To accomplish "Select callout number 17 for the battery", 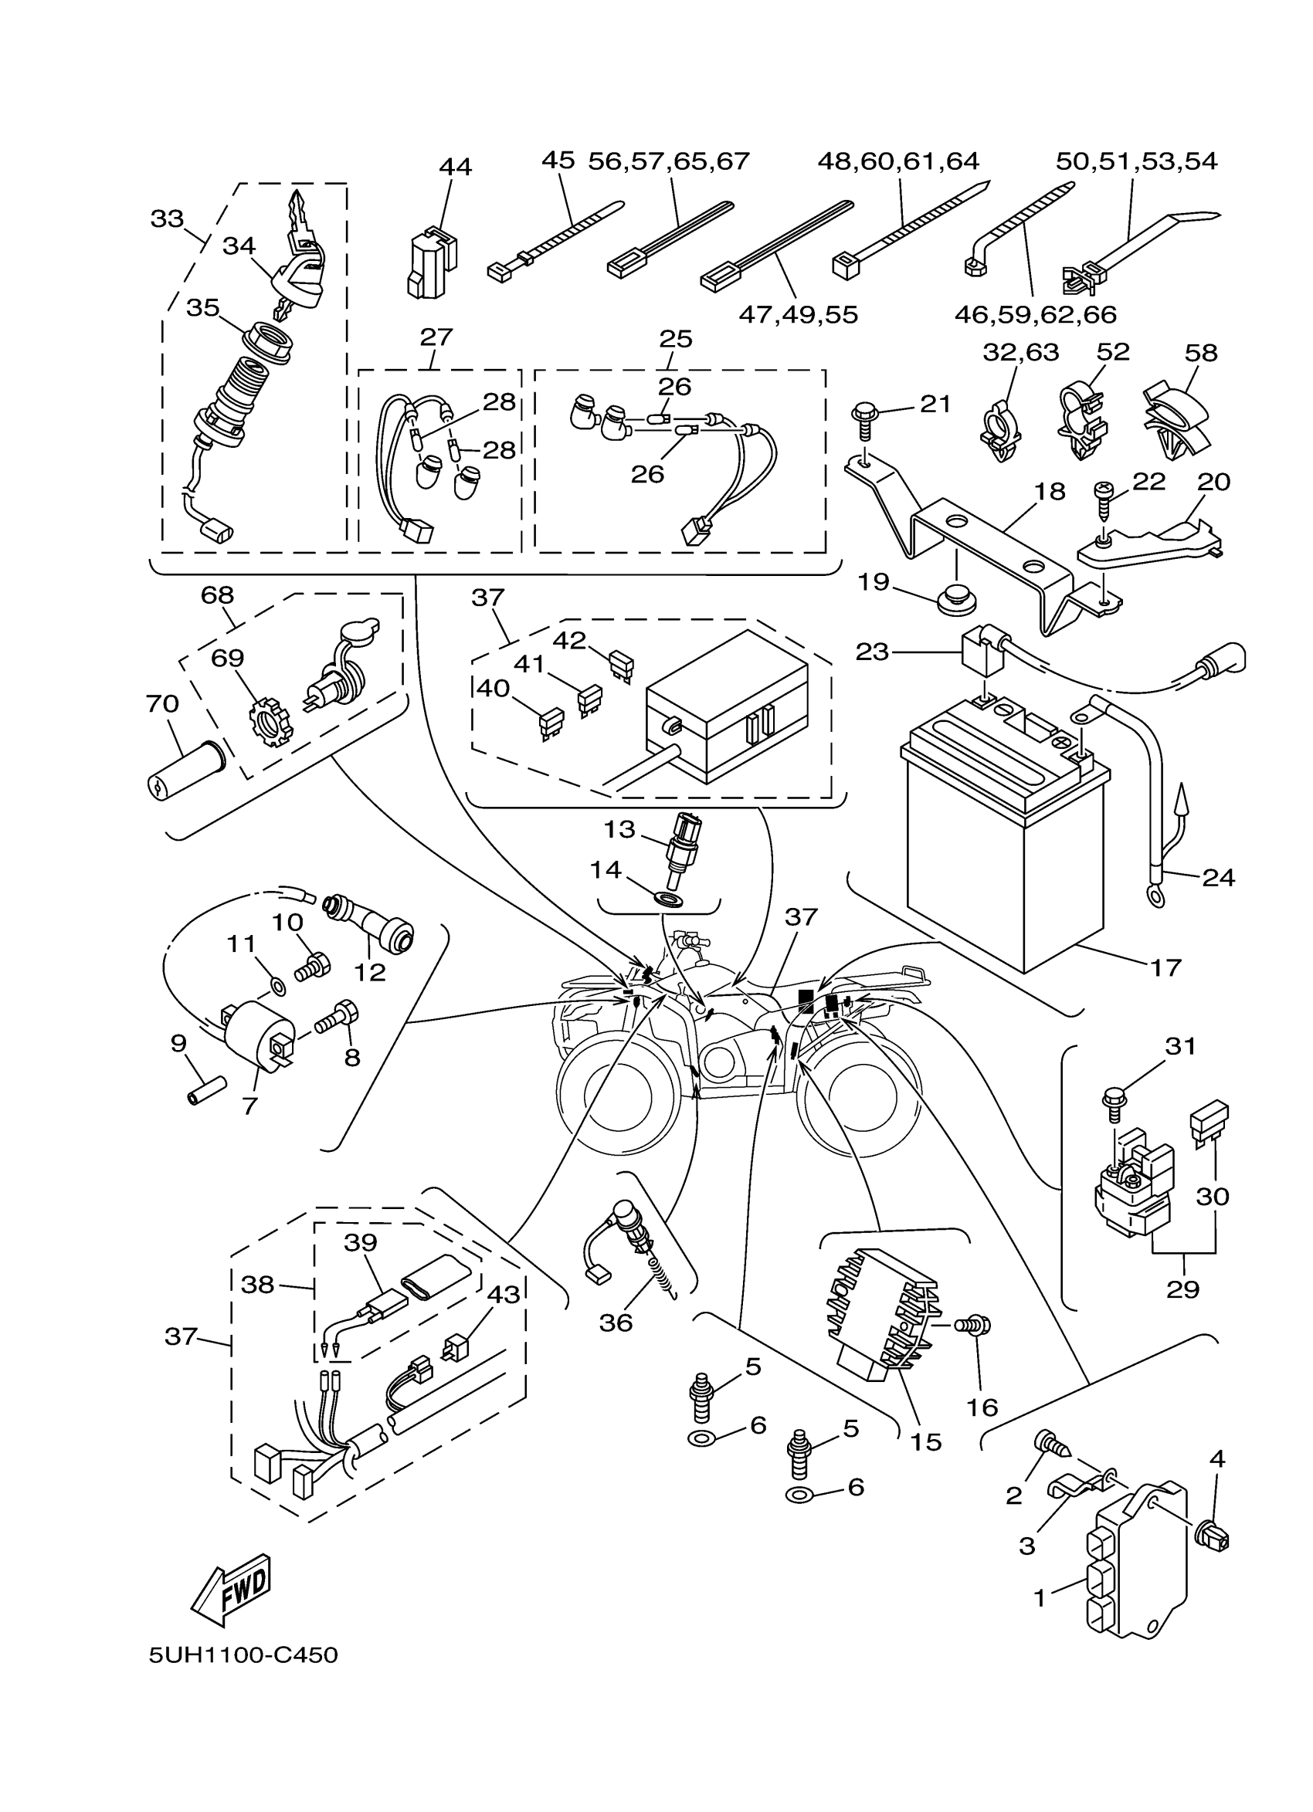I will click(x=1165, y=967).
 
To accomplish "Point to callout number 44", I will click(x=455, y=167).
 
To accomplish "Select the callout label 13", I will click(x=619, y=829).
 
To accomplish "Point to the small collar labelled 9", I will click(x=207, y=1091).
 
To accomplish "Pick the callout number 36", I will click(x=616, y=1323).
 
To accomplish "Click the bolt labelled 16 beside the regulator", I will click(x=977, y=1325).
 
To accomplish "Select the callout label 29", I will click(x=1182, y=1289).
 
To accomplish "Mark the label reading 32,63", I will click(x=1020, y=352).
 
